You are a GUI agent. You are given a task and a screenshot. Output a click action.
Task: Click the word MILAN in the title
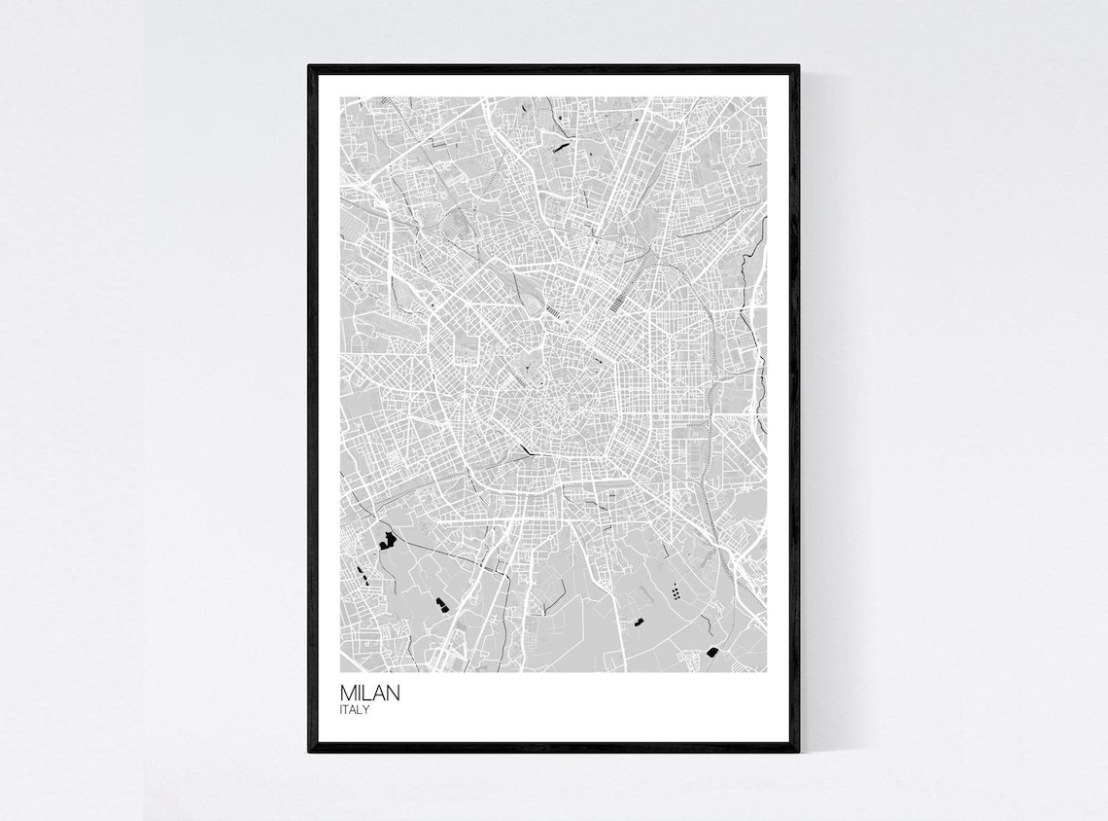(369, 695)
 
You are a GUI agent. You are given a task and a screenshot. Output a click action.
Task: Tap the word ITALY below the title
(355, 710)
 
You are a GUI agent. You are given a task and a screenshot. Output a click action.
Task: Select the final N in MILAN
(391, 695)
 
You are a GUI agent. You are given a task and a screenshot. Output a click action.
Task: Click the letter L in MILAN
(366, 695)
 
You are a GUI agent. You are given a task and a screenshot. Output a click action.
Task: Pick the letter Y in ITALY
(366, 710)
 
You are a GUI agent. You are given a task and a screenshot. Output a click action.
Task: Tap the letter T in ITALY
(348, 710)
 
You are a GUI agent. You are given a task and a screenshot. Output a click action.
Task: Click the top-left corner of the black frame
(310, 67)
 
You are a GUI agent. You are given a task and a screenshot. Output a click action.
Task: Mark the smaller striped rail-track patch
(553, 311)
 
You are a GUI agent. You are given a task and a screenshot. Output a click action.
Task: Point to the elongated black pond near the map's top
(561, 148)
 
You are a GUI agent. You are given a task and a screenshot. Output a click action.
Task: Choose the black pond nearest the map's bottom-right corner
(712, 653)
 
